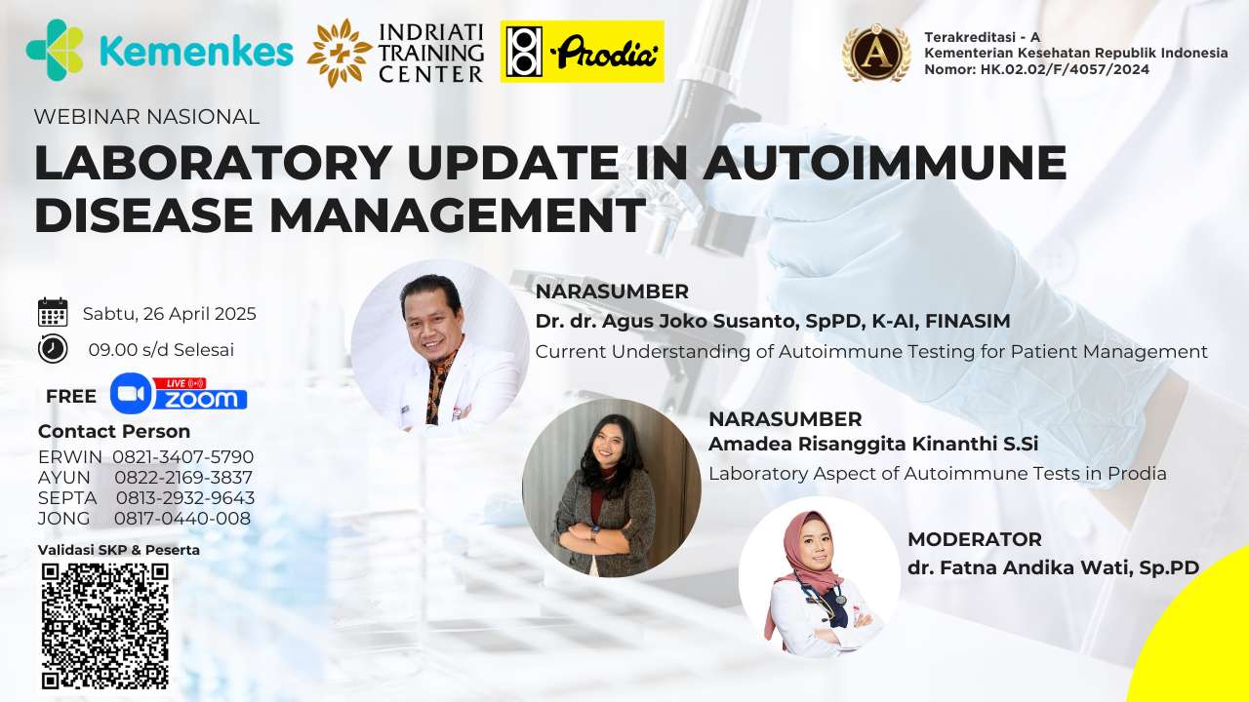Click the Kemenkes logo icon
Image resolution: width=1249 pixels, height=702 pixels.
click(x=55, y=50)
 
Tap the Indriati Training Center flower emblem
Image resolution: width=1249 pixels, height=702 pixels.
click(x=340, y=53)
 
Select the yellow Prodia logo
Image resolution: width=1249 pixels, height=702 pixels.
click(x=583, y=52)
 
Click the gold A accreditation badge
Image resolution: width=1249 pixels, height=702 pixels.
click(x=876, y=54)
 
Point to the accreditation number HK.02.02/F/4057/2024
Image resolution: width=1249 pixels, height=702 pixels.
click(x=1065, y=69)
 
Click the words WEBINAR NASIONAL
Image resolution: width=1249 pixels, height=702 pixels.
click(x=146, y=116)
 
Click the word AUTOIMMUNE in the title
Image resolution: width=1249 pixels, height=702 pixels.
click(x=885, y=162)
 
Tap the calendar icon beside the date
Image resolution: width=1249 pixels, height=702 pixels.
click(x=53, y=312)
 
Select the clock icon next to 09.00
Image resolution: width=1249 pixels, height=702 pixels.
click(x=53, y=349)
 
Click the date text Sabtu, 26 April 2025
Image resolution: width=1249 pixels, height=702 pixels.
click(x=170, y=314)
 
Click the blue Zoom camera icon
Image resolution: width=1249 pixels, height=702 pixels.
click(x=131, y=393)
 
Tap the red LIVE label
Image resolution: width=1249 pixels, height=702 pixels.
click(x=180, y=383)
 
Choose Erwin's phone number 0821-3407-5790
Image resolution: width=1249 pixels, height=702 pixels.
click(x=182, y=457)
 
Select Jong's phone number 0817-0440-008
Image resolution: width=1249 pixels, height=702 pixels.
click(x=182, y=518)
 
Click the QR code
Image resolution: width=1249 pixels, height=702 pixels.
click(x=104, y=626)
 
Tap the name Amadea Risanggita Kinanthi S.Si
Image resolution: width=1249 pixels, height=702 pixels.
click(x=873, y=444)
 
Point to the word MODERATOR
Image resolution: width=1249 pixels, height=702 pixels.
click(x=975, y=539)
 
